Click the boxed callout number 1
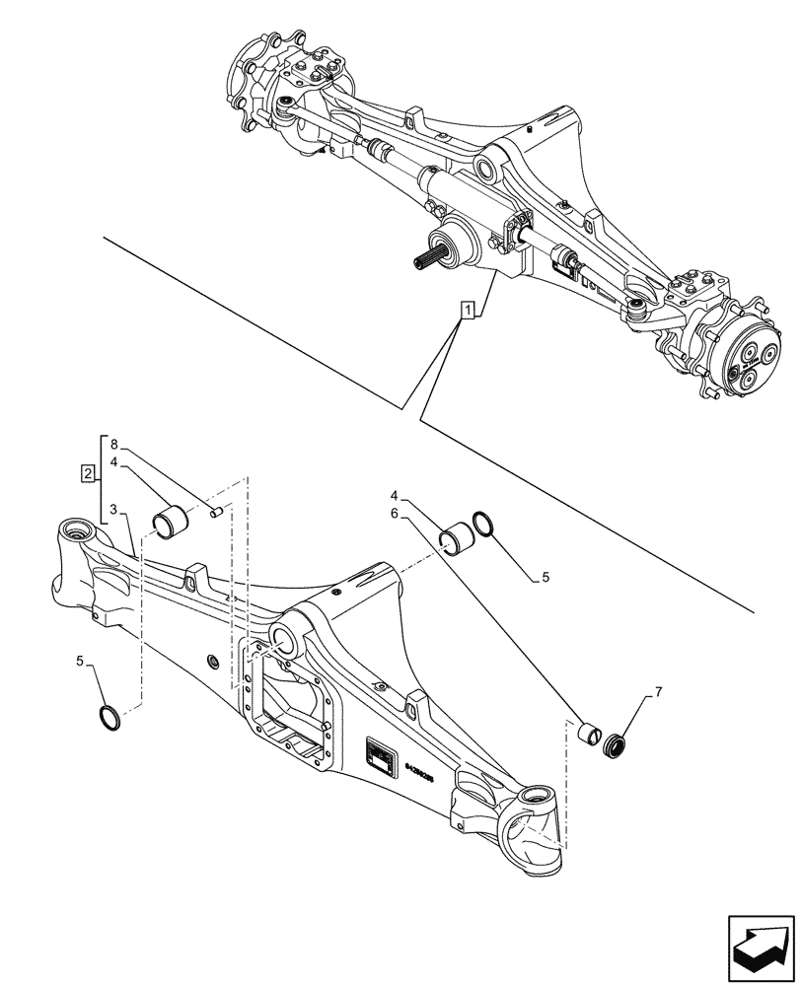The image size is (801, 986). [x=468, y=312]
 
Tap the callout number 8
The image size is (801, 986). [x=114, y=444]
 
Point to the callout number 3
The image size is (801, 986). [x=114, y=509]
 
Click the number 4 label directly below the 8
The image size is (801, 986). [x=114, y=460]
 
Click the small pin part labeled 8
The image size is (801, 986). [x=216, y=510]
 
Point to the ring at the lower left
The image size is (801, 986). [x=114, y=717]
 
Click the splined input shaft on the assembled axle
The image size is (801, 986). [x=427, y=261]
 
